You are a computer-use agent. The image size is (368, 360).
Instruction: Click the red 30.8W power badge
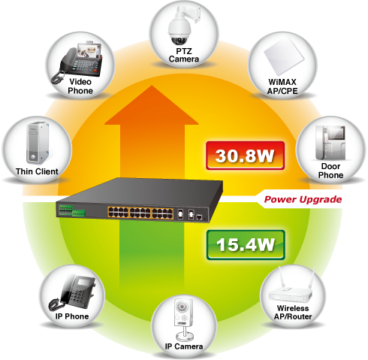(x=246, y=156)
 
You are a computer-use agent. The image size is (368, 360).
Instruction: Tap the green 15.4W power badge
(x=246, y=245)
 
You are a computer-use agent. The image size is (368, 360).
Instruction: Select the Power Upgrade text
(x=303, y=199)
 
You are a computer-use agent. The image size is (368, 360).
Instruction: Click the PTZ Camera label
(x=184, y=55)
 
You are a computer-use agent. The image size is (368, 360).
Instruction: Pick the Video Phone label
(x=80, y=86)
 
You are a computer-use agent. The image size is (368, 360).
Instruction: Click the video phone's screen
(x=89, y=50)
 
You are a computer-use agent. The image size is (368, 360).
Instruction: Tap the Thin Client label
(x=37, y=171)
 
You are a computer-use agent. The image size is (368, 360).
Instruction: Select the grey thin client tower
(x=38, y=143)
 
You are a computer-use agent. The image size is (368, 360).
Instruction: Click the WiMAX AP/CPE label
(x=282, y=86)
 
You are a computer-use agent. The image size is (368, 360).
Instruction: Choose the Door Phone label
(x=330, y=171)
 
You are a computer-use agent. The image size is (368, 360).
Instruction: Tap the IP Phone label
(x=72, y=316)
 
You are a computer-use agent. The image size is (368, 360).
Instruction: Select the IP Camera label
(x=184, y=346)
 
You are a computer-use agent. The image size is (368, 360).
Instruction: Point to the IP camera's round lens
(x=180, y=307)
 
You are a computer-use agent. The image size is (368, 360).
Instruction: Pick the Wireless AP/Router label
(x=293, y=312)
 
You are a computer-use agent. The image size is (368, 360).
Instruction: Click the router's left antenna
(x=282, y=277)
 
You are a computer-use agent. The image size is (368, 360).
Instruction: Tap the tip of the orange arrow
(x=152, y=86)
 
